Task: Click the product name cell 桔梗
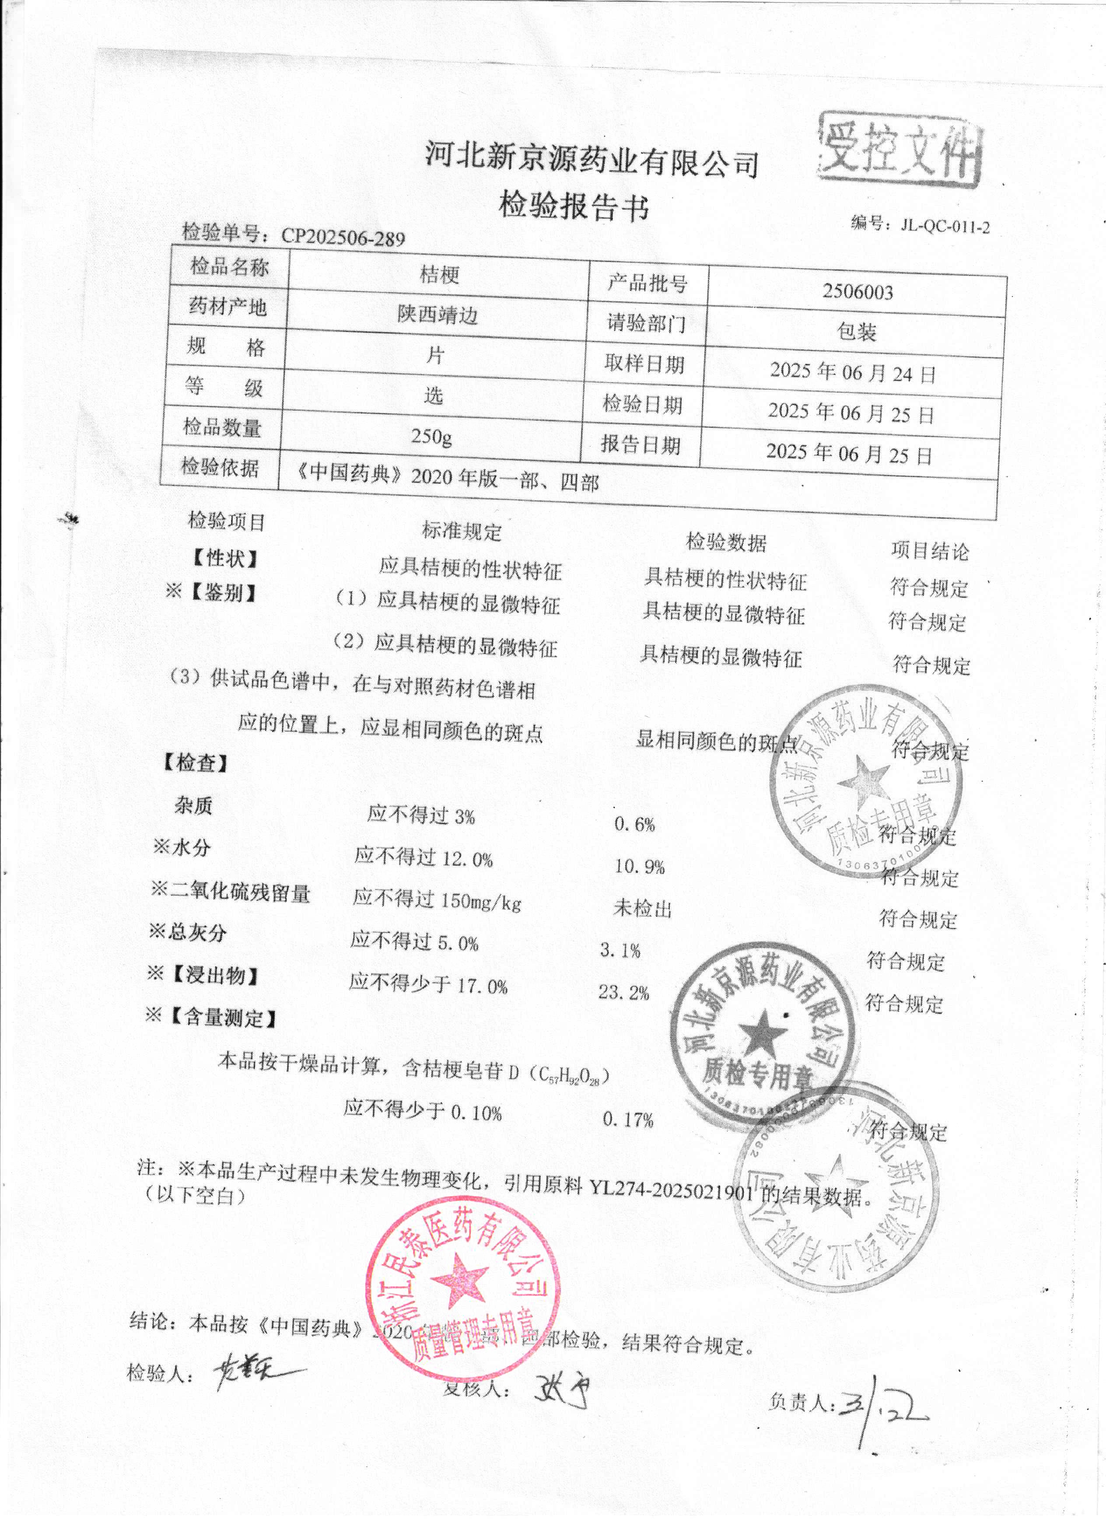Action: click(x=440, y=275)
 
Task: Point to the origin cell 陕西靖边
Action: click(x=437, y=314)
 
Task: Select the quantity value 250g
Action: click(x=431, y=436)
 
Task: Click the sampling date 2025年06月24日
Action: click(x=852, y=373)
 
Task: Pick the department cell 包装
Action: click(x=856, y=332)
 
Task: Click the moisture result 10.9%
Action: click(x=639, y=867)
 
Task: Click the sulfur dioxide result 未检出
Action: click(x=642, y=909)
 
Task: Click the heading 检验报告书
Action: click(x=574, y=206)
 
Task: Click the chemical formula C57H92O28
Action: click(x=570, y=1074)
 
